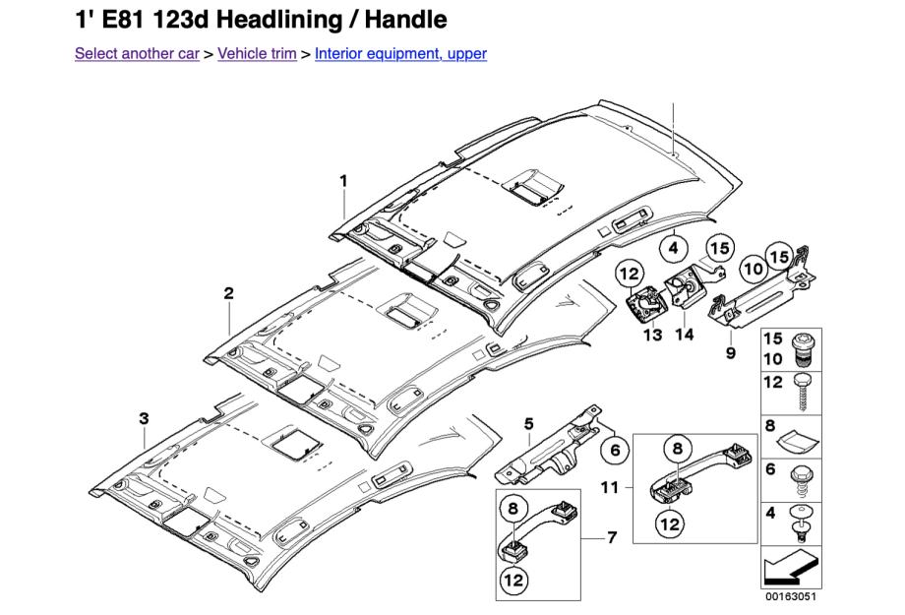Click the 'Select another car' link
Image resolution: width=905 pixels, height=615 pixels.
point(137,53)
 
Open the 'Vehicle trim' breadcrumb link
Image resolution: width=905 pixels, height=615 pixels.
point(257,53)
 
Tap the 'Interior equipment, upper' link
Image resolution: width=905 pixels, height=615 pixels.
point(400,53)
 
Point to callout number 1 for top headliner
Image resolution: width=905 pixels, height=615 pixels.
point(344,180)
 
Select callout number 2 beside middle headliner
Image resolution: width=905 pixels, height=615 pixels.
point(228,293)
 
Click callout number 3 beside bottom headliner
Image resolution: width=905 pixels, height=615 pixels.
point(144,418)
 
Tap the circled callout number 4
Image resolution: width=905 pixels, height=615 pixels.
point(674,250)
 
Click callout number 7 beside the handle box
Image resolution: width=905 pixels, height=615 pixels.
point(612,537)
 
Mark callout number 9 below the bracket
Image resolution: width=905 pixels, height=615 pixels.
point(730,353)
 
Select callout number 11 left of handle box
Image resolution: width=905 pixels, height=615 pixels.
point(609,487)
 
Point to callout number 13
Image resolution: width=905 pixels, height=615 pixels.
point(653,336)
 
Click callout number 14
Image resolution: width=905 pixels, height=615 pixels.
point(685,335)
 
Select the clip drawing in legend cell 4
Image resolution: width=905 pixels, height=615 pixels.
point(802,521)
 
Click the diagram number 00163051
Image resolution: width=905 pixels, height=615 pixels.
point(791,596)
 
